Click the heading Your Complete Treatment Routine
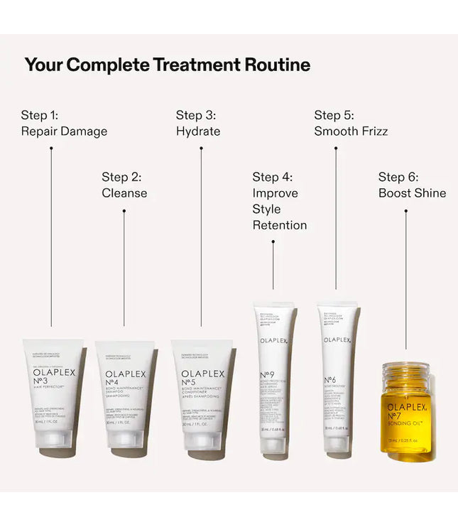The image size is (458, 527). coord(167,65)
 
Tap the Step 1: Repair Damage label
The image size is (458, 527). coord(64,123)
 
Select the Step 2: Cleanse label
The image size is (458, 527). coord(124,185)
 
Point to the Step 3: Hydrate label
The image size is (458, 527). coord(198,123)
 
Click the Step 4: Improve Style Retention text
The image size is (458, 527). coord(280,201)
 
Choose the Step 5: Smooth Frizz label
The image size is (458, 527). coord(351,123)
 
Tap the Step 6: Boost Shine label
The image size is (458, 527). coord(412,185)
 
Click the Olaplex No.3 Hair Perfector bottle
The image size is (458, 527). coord(53,394)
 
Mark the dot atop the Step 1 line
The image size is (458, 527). coord(51,148)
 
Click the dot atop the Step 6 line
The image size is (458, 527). coord(405,210)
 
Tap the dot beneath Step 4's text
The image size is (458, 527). coord(273,242)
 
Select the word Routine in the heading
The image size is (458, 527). coord(277,65)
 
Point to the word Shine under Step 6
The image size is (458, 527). coord(430,193)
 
